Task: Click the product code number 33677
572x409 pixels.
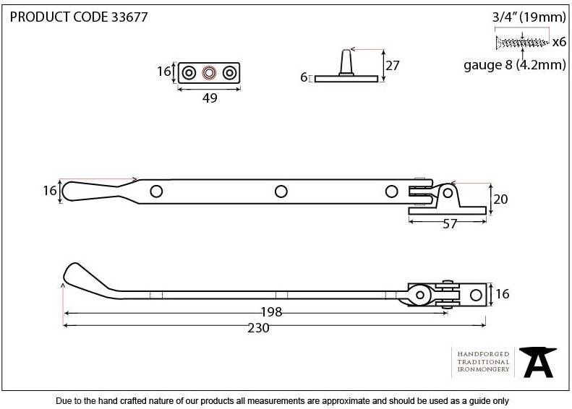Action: [129, 17]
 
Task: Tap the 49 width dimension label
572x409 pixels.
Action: [210, 98]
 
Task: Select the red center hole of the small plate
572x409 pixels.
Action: [209, 73]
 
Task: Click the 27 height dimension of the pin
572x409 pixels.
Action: [393, 66]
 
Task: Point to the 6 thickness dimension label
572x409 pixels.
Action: [304, 77]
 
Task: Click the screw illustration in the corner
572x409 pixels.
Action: [522, 43]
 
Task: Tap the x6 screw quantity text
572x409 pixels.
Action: [559, 43]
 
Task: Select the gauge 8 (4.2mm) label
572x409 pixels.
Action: [515, 65]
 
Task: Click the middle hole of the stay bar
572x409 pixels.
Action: [281, 191]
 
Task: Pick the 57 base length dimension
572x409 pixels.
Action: [450, 224]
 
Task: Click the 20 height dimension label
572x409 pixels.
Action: [500, 199]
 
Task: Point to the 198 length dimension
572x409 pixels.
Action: [271, 312]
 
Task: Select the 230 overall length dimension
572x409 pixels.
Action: [258, 328]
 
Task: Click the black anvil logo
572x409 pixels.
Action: [538, 361]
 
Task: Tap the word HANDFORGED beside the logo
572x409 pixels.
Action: [483, 354]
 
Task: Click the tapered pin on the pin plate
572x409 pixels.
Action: [346, 62]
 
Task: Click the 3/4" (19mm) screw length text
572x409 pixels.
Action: [529, 17]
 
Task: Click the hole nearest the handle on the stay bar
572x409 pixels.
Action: [156, 191]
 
